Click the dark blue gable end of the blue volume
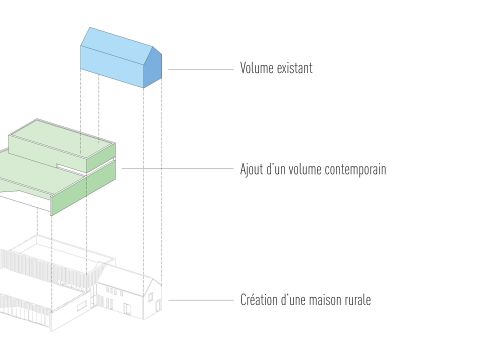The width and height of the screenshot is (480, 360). point(153,67)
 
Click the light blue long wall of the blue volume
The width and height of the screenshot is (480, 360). point(112,66)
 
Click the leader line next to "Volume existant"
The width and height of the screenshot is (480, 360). point(201,69)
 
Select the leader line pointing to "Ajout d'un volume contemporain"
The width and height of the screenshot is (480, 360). point(178,168)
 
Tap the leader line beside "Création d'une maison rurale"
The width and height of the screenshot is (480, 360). point(201,300)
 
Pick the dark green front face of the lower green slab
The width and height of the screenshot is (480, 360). point(84,189)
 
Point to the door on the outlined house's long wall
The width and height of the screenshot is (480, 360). point(127,309)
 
